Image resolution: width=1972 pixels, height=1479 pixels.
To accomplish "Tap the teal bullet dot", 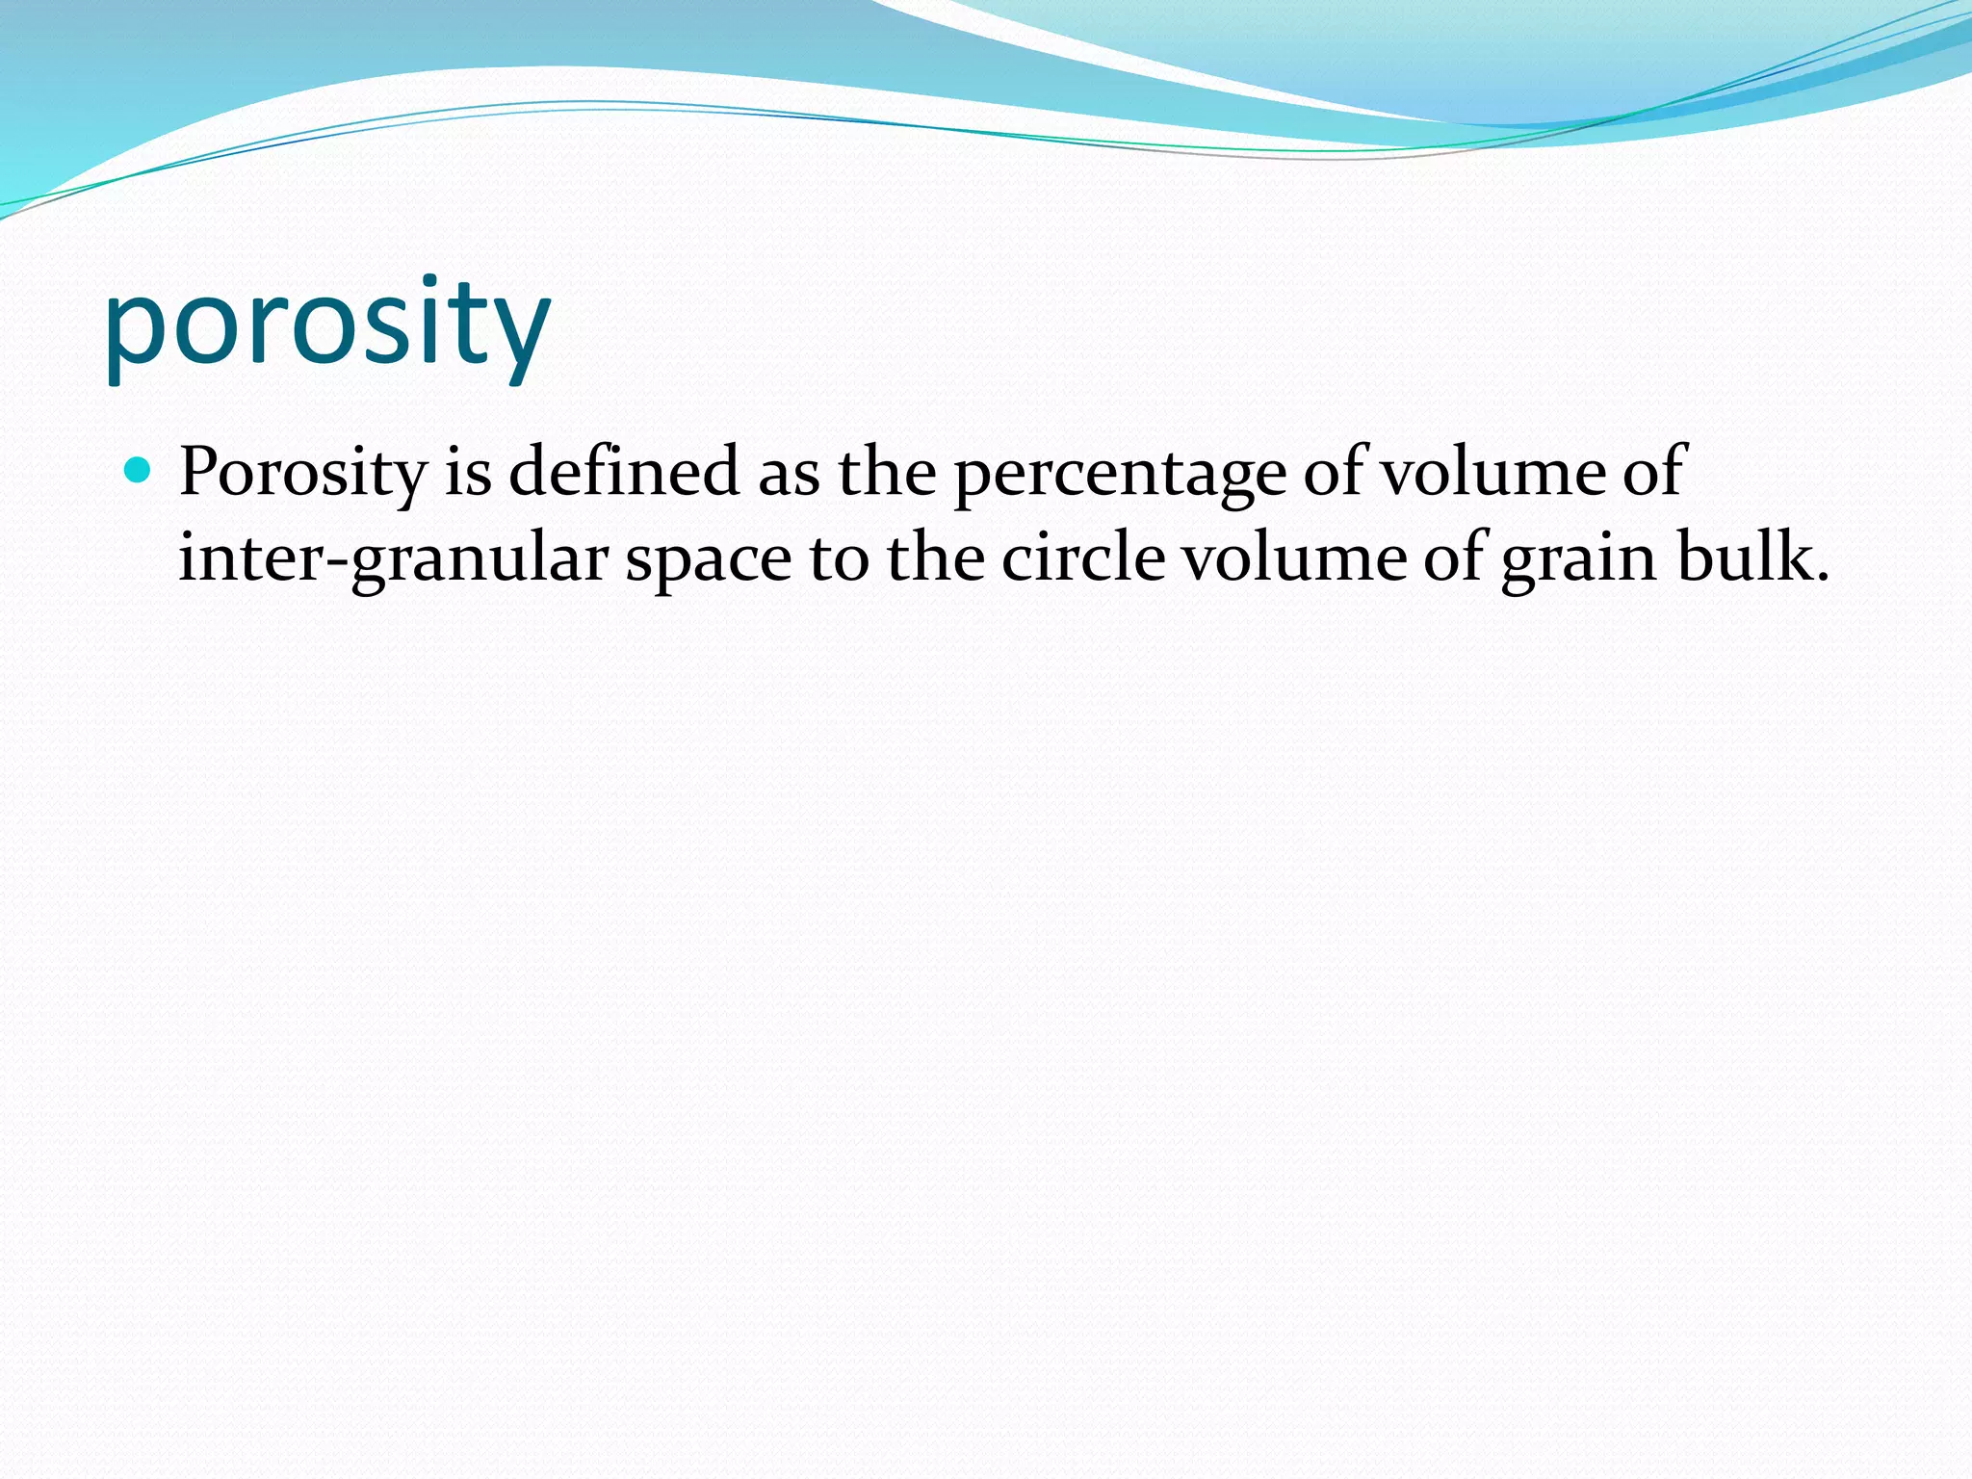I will click(139, 470).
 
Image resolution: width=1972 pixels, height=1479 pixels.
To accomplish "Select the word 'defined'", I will click(624, 472).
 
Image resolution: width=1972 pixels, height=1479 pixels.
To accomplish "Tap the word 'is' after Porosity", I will click(468, 472).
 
